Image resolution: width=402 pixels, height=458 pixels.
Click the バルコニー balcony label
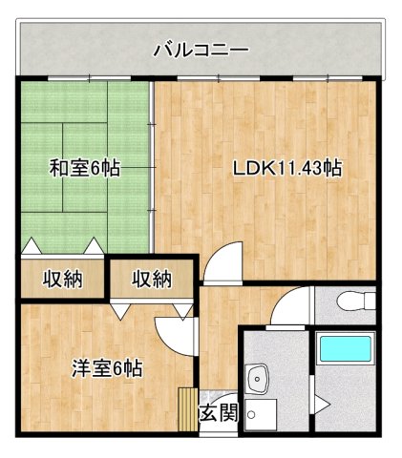point(201,48)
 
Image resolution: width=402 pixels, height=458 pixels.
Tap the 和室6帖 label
point(85,169)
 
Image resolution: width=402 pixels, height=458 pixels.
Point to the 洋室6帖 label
point(107,367)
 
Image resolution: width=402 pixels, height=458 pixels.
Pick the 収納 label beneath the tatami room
point(62,280)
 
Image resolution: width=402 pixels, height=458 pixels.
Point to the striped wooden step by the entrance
point(186,411)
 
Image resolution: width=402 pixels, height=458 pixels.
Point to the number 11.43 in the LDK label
point(299,169)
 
